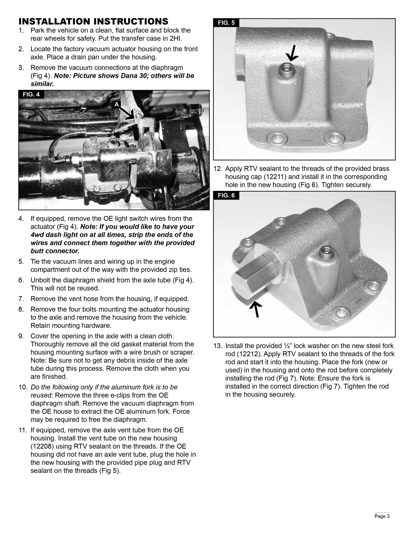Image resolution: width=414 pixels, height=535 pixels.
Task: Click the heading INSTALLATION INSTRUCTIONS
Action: pos(93,21)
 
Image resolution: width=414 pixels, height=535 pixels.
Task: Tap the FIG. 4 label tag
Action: pos(31,94)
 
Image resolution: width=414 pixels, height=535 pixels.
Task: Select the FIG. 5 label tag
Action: pos(226,23)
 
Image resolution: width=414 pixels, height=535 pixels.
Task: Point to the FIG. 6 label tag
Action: pos(226,195)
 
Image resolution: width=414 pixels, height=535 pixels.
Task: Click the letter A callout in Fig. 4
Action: pos(117,104)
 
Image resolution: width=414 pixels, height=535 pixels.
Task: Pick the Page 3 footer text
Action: pos(382,516)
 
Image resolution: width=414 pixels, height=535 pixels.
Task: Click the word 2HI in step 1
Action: pos(175,38)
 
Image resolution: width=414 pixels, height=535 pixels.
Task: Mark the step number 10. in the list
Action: pos(23,387)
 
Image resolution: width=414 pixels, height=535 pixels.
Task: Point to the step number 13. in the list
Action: pos(218,346)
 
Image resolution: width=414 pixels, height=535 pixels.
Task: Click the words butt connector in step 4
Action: pos(55,251)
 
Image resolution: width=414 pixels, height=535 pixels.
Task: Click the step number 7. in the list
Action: pos(21,299)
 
